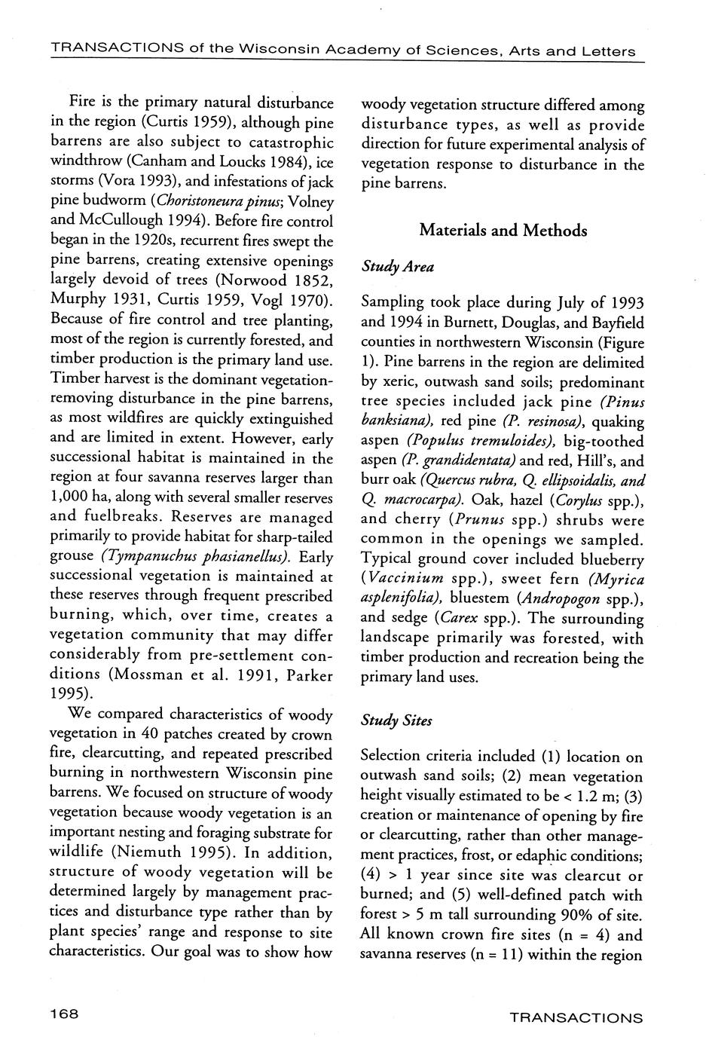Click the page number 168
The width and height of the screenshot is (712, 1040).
[x=64, y=1014]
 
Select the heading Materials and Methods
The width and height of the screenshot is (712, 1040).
[x=503, y=231]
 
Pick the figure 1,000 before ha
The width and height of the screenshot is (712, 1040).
[x=71, y=498]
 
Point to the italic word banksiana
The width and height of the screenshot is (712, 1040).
[x=394, y=421]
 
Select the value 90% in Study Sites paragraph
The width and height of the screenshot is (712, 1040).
[x=586, y=915]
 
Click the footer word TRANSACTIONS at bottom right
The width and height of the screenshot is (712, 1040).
[x=576, y=1017]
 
